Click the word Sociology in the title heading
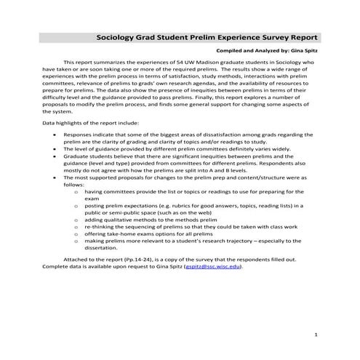point(119,36)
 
